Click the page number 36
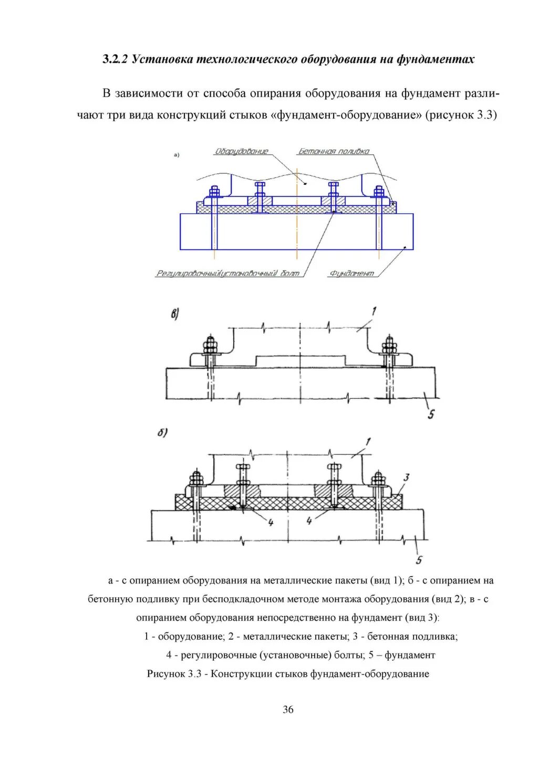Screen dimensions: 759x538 coord(288,710)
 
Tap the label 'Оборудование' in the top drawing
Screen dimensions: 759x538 coord(241,151)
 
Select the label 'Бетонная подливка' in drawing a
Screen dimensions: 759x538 coord(334,151)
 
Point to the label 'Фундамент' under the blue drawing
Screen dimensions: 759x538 coord(352,274)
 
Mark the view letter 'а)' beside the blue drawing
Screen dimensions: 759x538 coord(177,155)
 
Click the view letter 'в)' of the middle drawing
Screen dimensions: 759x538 coord(174,315)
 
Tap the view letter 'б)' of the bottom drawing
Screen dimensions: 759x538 coord(162,433)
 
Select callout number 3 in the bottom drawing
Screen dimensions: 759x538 coord(406,478)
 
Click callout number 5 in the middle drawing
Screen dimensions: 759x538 coord(431,415)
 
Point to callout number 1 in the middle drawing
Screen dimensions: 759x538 coord(374,311)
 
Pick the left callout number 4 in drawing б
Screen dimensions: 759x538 coord(271,523)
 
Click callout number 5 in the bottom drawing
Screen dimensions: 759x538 coord(419,560)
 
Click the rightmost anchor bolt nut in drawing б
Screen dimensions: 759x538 coord(378,479)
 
